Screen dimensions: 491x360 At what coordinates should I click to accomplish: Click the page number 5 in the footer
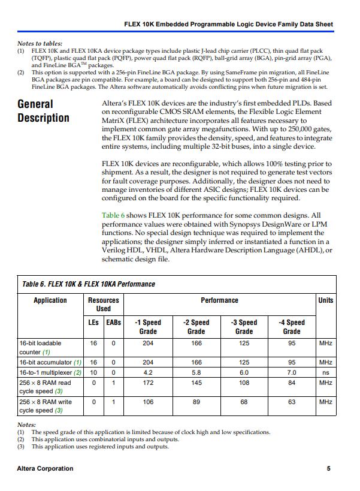point(328,468)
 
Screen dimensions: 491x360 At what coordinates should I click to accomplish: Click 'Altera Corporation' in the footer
point(46,468)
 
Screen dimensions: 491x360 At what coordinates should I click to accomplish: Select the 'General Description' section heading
point(43,111)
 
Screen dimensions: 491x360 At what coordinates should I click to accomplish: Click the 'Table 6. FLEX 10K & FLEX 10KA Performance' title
point(88,284)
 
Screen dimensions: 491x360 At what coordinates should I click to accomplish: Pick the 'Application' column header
point(50,300)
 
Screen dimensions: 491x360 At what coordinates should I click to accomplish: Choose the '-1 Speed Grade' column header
point(148,327)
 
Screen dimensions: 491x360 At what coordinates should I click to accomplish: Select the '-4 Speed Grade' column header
point(292,327)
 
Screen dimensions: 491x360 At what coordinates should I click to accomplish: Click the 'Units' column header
point(326,300)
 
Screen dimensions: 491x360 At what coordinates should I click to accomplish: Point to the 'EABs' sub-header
point(113,323)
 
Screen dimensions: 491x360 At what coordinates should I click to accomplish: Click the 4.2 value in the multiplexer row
point(148,372)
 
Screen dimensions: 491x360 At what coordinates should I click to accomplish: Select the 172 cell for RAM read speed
point(148,382)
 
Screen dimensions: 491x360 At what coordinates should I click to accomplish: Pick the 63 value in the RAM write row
point(292,402)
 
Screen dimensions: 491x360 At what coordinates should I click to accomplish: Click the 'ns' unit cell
point(326,372)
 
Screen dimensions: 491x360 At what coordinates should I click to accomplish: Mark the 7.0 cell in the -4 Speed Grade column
point(292,372)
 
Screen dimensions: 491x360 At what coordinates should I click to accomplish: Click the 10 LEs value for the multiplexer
point(93,372)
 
